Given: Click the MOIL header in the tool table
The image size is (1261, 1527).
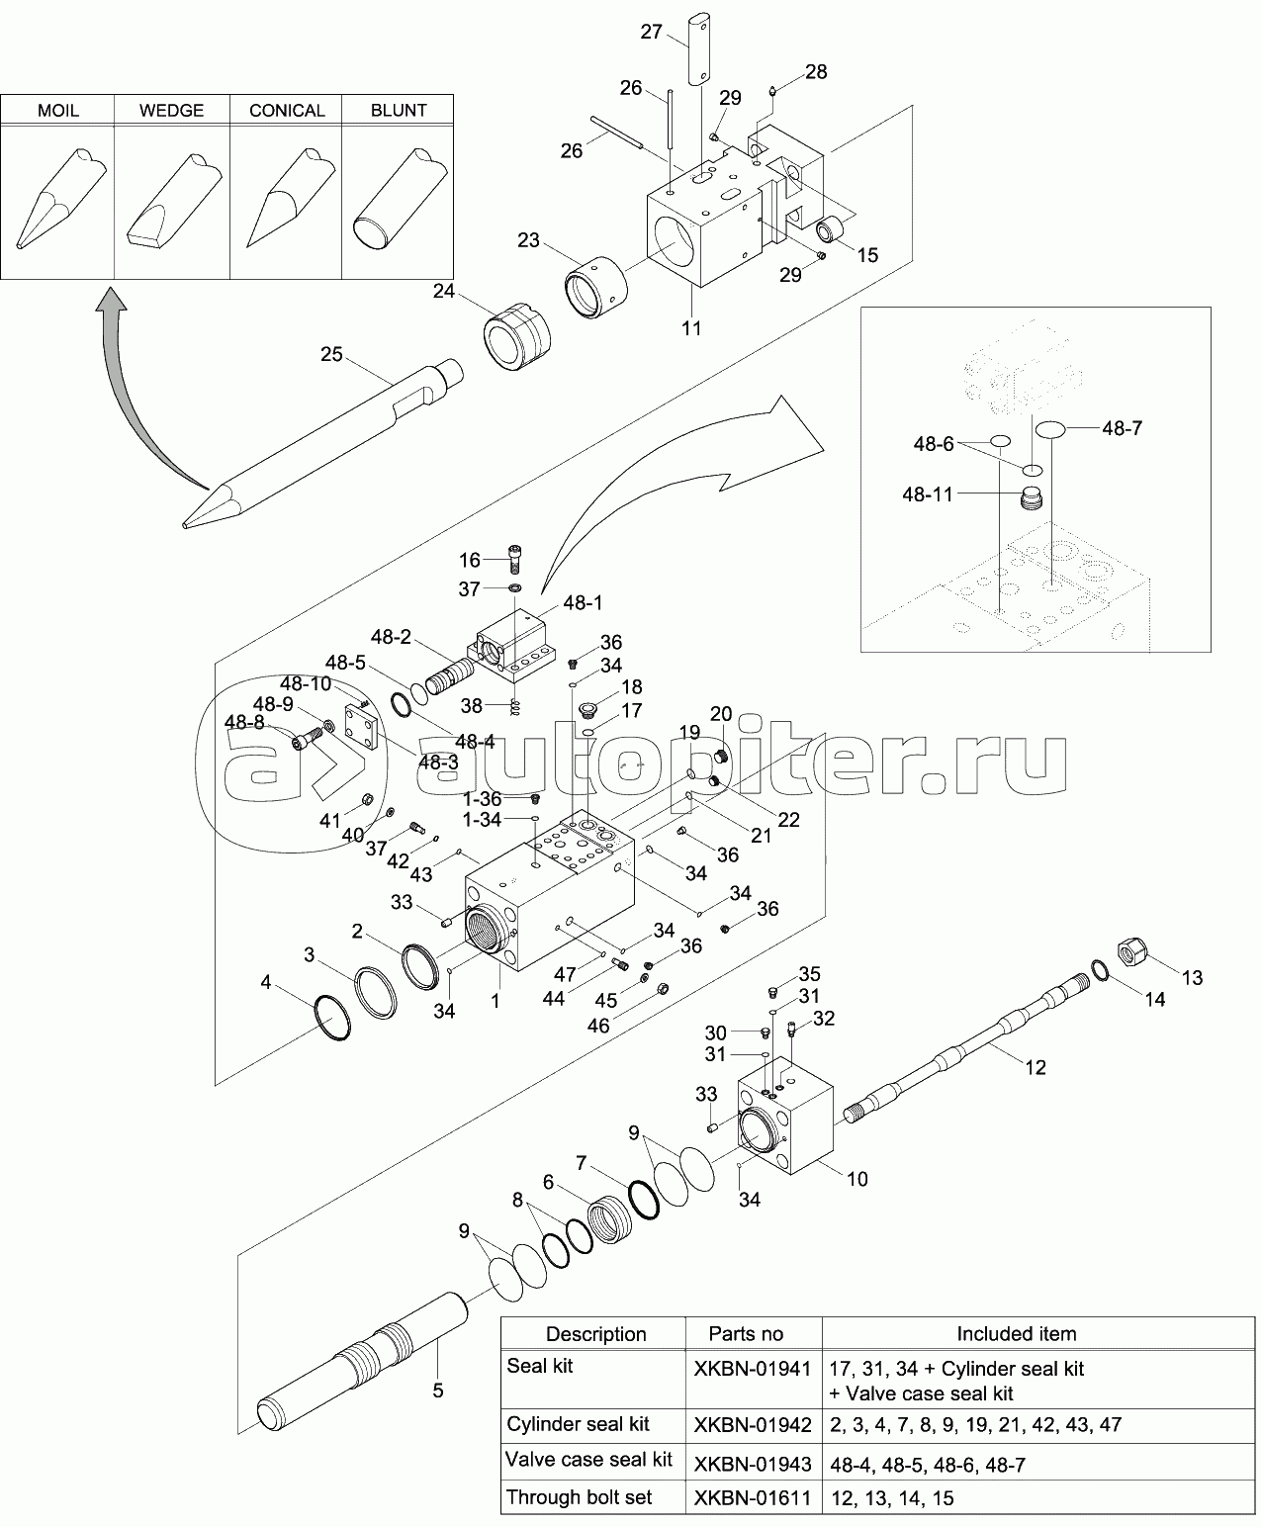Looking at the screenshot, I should pos(57,110).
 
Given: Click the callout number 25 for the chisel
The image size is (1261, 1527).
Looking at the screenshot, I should pos(330,353).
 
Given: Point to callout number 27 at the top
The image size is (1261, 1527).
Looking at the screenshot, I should pos(651,32).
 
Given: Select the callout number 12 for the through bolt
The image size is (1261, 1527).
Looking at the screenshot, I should pos(1035,1067).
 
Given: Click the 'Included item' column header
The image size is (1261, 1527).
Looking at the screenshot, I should pos(1016,1334).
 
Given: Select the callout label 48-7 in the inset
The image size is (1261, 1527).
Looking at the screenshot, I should pos(1122,428).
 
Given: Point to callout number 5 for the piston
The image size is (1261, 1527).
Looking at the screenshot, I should pos(438,1390).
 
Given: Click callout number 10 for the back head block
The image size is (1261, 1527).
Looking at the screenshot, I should pos(856,1179).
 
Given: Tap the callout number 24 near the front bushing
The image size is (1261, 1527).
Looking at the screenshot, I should pos(443,291).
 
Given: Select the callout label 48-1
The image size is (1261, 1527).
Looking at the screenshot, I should pos(583,602).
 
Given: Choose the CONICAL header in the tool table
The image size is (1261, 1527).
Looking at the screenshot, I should pos(287,110).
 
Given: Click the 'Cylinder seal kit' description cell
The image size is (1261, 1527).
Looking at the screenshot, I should pos(579,1424).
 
